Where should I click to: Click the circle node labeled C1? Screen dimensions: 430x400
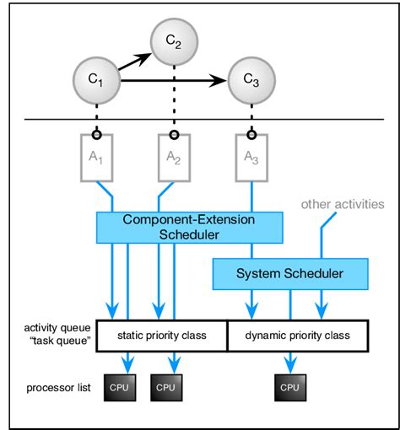point(98,81)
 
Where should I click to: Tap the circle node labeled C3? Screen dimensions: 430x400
point(251,81)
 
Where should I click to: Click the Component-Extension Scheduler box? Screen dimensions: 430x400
point(188,225)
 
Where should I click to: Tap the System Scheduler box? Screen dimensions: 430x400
point(289,273)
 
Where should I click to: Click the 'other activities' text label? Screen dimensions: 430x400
point(343,204)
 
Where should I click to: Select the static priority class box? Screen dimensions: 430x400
point(162,336)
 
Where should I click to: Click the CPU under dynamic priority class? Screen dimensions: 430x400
point(289,387)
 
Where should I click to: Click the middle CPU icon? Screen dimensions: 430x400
point(165,387)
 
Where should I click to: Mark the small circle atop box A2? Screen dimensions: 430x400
point(174,134)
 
